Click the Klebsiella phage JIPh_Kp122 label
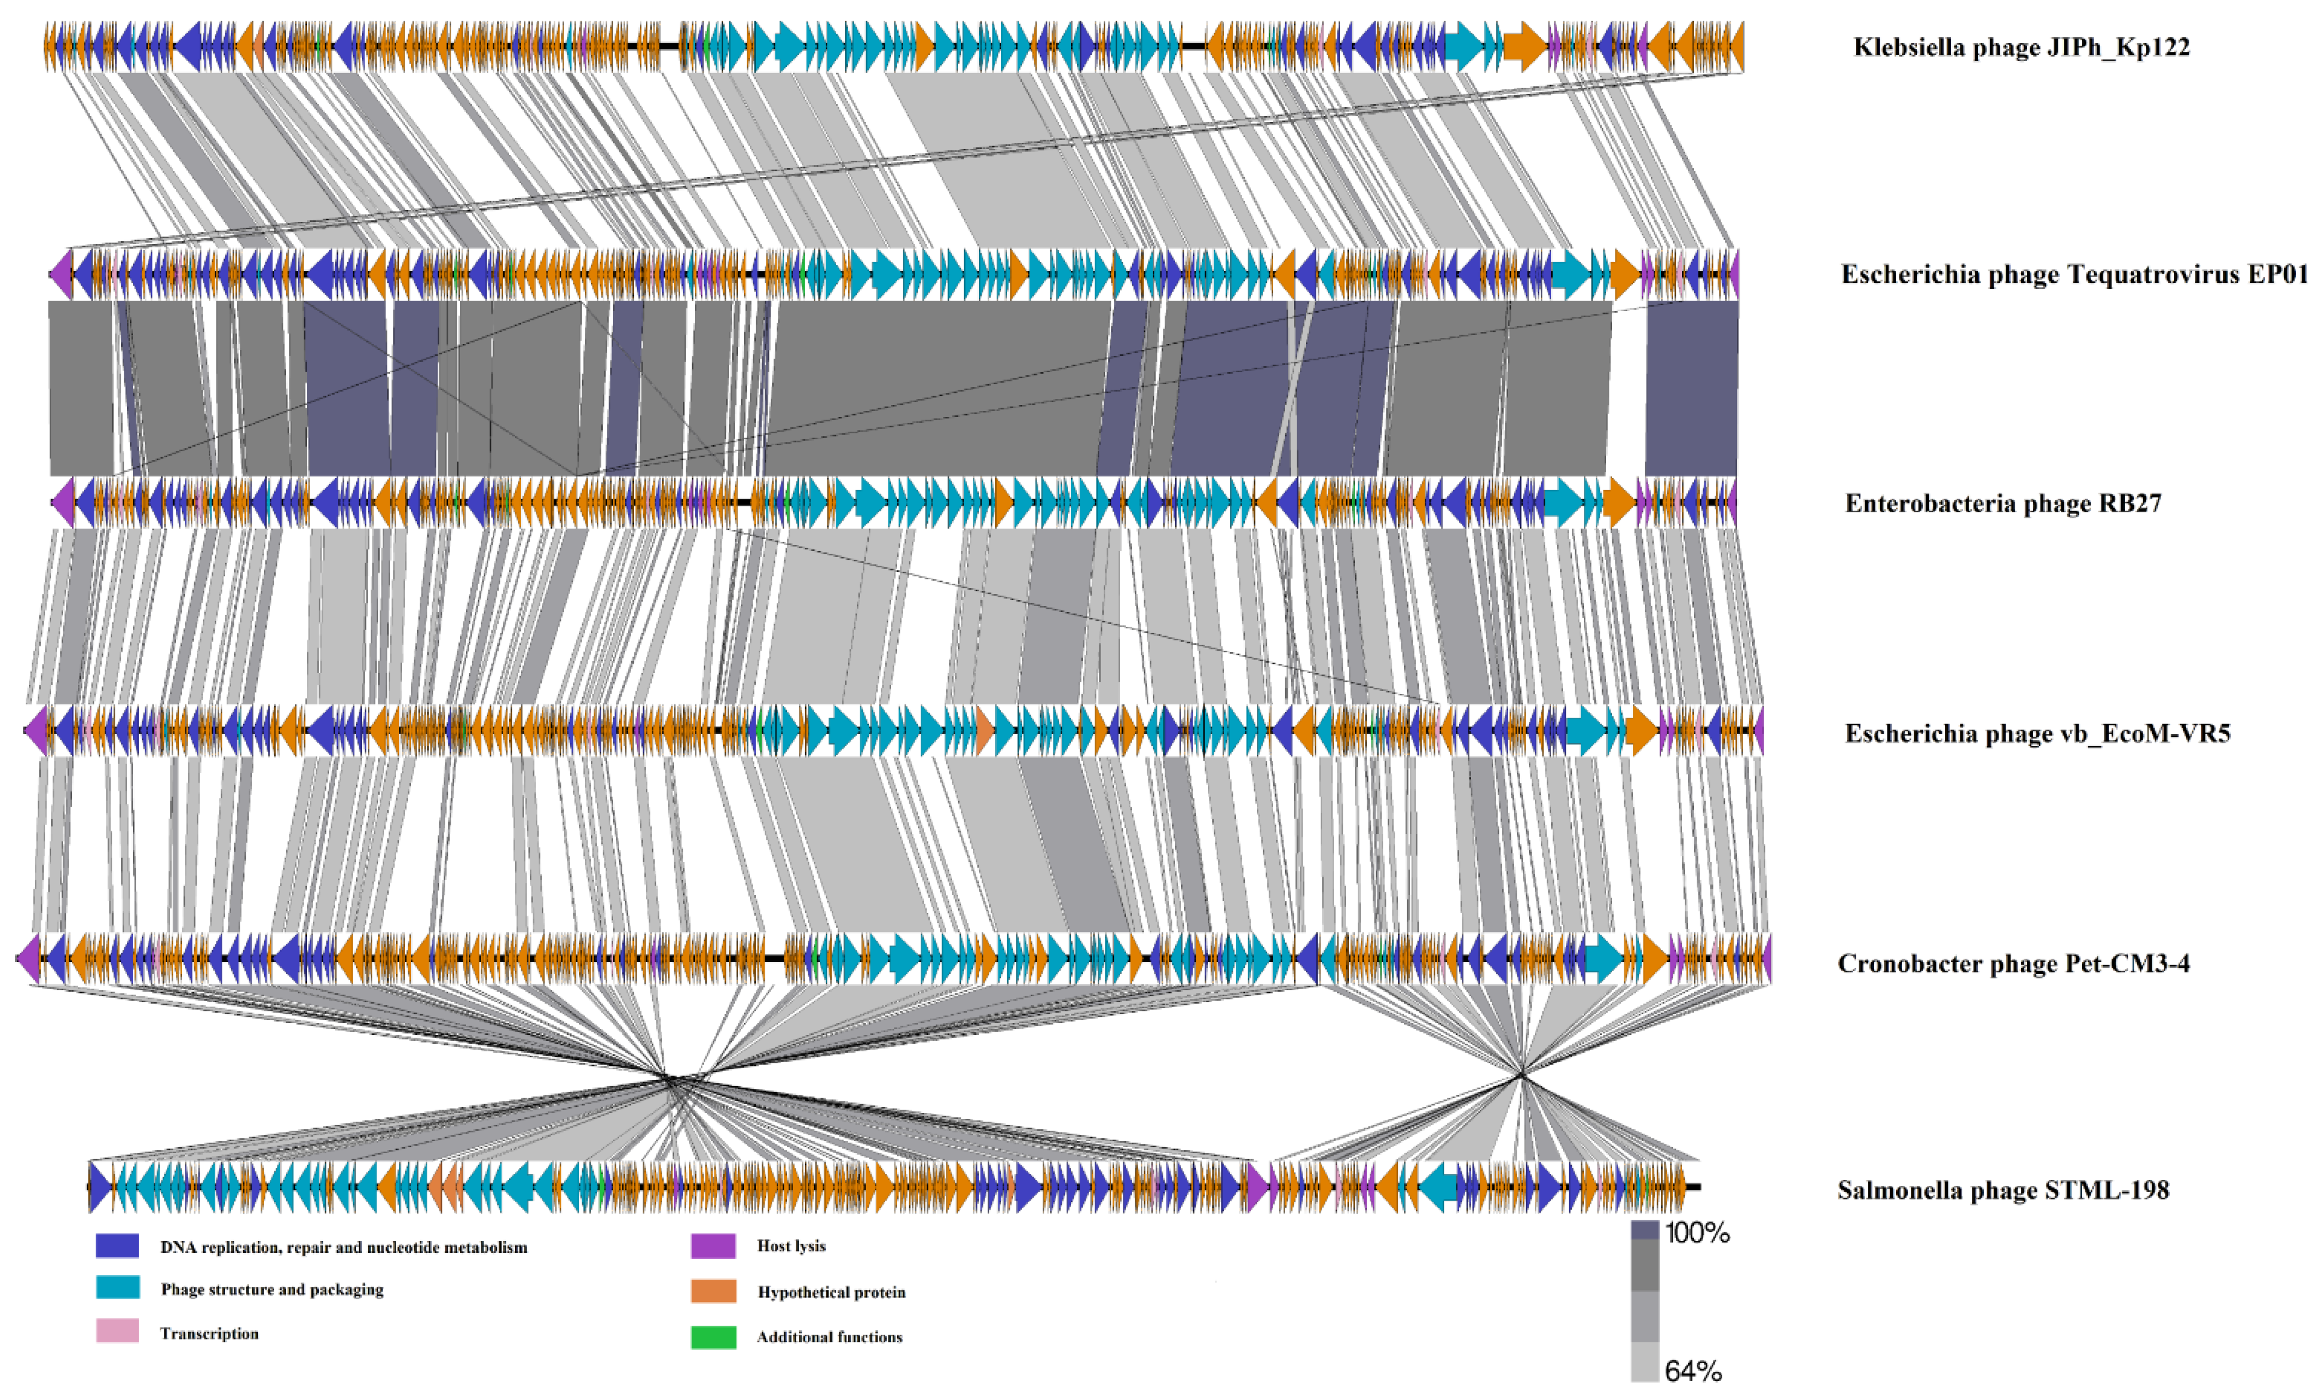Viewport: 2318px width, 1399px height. (2021, 47)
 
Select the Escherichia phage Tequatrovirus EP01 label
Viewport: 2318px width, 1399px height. (2073, 275)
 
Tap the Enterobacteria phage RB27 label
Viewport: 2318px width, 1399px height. (2002, 504)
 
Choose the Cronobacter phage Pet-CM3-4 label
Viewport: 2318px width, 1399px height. (2013, 964)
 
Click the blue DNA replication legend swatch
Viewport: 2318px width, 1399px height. (118, 1246)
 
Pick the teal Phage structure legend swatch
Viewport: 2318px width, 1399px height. (118, 1288)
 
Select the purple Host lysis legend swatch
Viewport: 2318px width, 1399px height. (713, 1246)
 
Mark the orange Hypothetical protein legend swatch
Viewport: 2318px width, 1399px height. (713, 1291)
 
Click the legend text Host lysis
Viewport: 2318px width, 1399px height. (791, 1246)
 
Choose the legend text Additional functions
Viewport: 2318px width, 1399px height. (829, 1337)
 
